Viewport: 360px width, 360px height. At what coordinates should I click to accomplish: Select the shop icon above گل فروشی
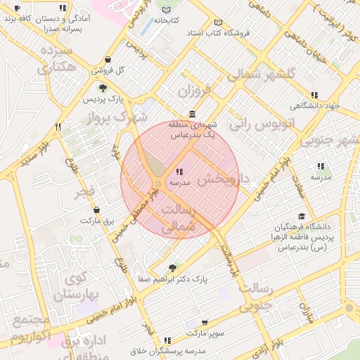(107, 60)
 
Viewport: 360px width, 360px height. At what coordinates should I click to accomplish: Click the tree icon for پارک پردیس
(103, 89)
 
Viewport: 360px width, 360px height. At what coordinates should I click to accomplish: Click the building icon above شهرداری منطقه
(193, 114)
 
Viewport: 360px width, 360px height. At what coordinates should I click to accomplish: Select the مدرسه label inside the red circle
(175, 181)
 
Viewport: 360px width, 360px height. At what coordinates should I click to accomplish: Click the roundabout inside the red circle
(158, 184)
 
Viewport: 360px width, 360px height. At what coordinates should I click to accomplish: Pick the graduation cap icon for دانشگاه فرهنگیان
(302, 217)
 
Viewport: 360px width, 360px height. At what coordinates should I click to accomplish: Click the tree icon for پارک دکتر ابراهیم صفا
(173, 267)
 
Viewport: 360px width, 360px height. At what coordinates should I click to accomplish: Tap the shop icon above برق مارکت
(96, 210)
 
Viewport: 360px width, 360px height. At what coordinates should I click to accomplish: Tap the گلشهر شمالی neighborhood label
(270, 74)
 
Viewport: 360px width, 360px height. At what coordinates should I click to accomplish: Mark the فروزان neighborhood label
(195, 91)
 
